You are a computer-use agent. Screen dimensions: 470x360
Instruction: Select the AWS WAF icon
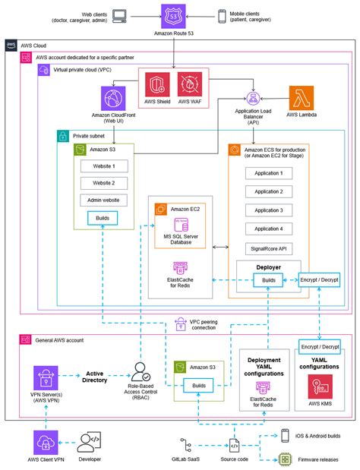pyautogui.click(x=189, y=84)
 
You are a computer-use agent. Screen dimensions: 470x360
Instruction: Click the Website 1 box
pyautogui.click(x=103, y=166)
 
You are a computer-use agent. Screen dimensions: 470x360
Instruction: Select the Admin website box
pyautogui.click(x=103, y=200)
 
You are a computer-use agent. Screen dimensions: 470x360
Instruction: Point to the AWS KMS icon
pyautogui.click(x=318, y=388)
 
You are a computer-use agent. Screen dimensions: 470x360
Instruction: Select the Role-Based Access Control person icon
pyautogui.click(x=142, y=372)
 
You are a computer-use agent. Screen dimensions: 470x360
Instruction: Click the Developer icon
pyautogui.click(x=89, y=443)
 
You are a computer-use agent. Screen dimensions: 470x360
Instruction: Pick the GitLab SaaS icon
pyautogui.click(x=188, y=443)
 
